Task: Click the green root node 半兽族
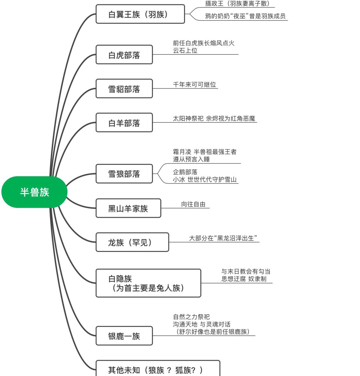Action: (x=34, y=192)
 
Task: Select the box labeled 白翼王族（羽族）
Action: (x=140, y=14)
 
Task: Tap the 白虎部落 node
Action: (x=124, y=55)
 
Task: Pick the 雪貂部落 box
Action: (x=124, y=89)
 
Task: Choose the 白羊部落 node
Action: (x=124, y=123)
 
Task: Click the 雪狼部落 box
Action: (x=124, y=174)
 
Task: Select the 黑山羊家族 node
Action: (x=128, y=209)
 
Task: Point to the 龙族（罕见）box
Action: (x=132, y=242)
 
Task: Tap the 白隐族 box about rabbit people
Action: (x=148, y=283)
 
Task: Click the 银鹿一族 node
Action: (x=124, y=336)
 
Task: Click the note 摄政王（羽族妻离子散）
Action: (x=237, y=4)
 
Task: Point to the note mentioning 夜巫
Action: (x=245, y=16)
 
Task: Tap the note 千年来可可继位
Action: (x=194, y=84)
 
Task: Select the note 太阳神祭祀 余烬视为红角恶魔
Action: (x=214, y=118)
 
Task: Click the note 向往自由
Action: (x=193, y=204)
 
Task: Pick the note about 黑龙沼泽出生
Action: (x=224, y=238)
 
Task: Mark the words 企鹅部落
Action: (x=185, y=172)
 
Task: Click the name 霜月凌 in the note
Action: (x=182, y=152)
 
